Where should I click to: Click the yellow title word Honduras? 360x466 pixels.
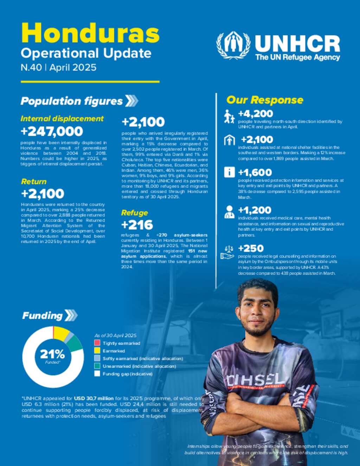point(90,33)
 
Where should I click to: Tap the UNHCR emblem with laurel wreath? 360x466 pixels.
point(233,45)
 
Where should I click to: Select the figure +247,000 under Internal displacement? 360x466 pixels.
point(52,131)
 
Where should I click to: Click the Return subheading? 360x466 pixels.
point(34,181)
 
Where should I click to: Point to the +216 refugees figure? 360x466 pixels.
point(137,225)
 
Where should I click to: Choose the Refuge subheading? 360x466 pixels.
point(134,213)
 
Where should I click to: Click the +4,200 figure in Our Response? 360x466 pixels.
point(256,114)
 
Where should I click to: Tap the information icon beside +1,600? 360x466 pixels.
point(229,172)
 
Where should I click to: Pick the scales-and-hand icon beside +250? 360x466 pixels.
point(227,253)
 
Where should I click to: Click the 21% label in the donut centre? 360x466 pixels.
point(52,354)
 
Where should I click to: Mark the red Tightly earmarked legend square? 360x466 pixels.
point(97,343)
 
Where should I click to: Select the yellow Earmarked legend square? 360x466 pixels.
point(97,351)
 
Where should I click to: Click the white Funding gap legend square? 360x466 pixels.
point(97,374)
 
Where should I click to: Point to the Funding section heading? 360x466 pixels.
point(43,315)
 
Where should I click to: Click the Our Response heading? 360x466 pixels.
point(265,100)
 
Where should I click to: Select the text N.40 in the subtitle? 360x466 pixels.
point(31,68)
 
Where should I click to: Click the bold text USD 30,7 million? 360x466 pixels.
point(94,398)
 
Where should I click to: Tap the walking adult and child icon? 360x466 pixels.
point(229,117)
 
